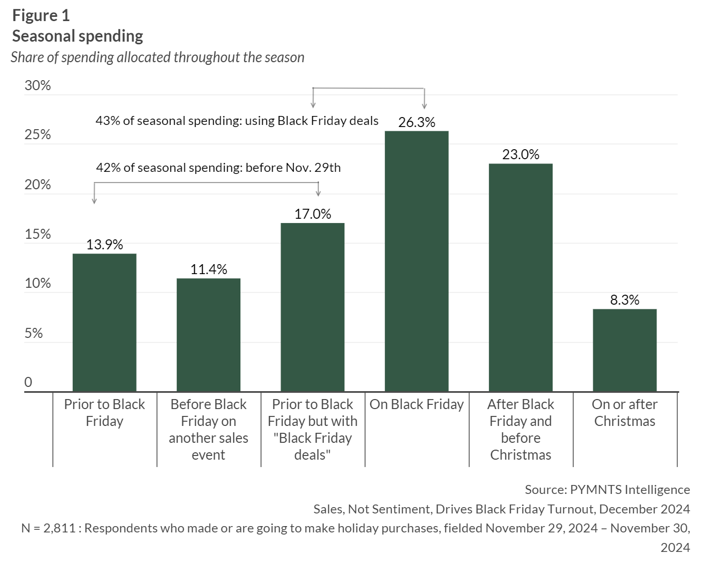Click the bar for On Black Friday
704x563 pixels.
[417, 261]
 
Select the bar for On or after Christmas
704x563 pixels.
[624, 350]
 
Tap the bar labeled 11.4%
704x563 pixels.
[208, 335]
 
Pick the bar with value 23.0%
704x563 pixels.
[520, 277]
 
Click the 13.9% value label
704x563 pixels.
[104, 245]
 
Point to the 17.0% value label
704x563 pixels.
[313, 214]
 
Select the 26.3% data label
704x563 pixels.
[417, 122]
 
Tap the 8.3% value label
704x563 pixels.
[624, 300]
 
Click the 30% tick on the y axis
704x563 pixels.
[37, 85]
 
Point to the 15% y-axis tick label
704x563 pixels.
[37, 234]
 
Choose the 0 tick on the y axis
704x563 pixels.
[28, 382]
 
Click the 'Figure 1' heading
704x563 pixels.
[41, 16]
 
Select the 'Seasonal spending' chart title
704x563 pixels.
[78, 36]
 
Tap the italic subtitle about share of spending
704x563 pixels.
[158, 57]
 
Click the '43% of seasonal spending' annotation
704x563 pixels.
[237, 121]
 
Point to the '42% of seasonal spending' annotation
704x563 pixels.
[218, 168]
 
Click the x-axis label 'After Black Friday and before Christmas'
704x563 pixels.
[520, 429]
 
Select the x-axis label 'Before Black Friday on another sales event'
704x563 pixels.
[208, 429]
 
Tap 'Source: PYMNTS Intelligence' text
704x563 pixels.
[607, 490]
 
